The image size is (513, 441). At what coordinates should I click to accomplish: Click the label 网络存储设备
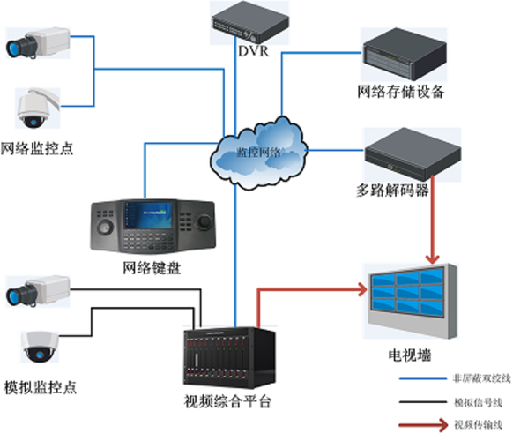coord(401,91)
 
